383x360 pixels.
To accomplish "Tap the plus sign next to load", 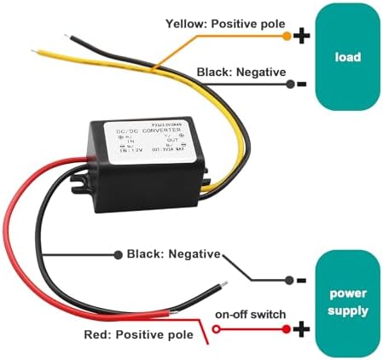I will [300, 36].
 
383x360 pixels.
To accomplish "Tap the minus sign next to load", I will [300, 84].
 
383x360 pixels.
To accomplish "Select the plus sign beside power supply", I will [300, 328].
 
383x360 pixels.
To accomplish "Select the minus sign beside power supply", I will [300, 280].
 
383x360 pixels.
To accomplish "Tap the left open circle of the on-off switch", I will [217, 329].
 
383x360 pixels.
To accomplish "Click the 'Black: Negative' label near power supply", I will [173, 254].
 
